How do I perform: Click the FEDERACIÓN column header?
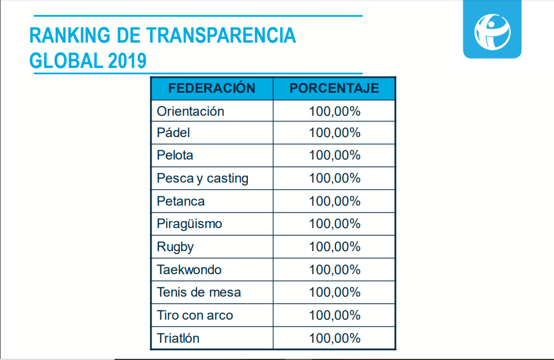[212, 88]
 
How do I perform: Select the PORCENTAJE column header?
[334, 88]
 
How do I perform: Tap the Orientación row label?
[190, 111]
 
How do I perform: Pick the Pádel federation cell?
[174, 132]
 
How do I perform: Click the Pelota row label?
[175, 155]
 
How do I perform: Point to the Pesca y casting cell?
[202, 178]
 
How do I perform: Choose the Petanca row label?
[180, 201]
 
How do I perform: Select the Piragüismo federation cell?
[189, 223]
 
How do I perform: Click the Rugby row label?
[175, 247]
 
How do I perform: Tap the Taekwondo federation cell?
[189, 270]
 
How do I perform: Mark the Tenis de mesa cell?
[199, 292]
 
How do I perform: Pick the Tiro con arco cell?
[195, 315]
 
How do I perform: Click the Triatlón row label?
[178, 338]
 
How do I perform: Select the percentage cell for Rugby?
[334, 247]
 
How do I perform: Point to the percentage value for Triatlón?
[334, 338]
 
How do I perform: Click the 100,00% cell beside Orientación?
[334, 111]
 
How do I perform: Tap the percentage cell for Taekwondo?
[334, 270]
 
